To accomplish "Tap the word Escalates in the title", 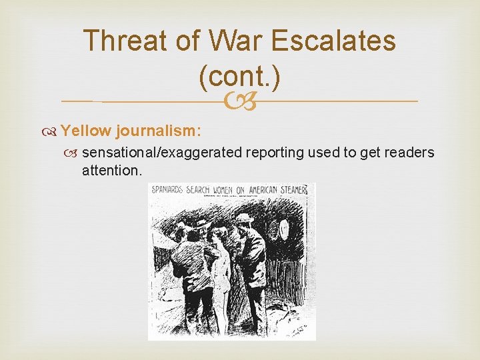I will (346, 41).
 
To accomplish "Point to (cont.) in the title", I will (239, 77).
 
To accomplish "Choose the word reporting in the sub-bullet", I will (275, 153).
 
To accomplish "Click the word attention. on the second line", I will (112, 171).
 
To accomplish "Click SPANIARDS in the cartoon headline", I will (167, 189).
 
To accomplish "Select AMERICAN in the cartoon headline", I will (266, 189).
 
